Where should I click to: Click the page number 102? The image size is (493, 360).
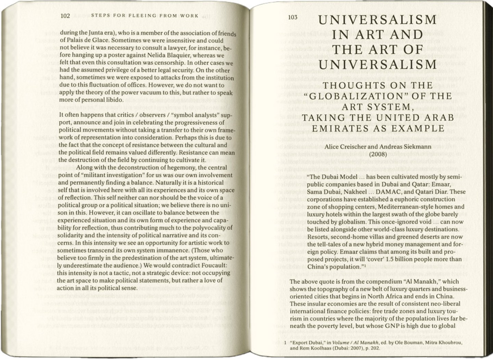coord(65,15)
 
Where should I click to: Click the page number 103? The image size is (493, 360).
coord(293,17)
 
